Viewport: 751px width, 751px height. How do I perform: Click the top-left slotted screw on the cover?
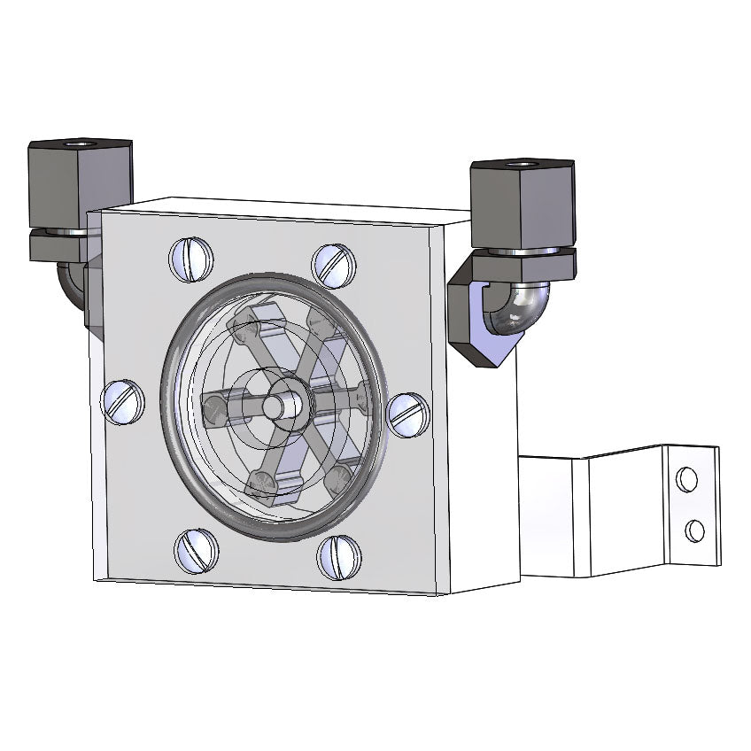192,259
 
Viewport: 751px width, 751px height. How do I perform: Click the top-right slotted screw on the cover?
335,264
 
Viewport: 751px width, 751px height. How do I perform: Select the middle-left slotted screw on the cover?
124,401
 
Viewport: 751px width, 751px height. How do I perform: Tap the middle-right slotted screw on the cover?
408,414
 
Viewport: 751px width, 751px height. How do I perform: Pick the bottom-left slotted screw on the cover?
196,551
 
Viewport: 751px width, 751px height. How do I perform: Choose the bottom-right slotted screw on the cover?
340,557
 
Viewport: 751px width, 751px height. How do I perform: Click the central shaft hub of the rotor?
286,403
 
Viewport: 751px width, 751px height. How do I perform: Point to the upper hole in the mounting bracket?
686,479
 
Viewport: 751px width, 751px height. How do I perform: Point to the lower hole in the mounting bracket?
695,531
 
